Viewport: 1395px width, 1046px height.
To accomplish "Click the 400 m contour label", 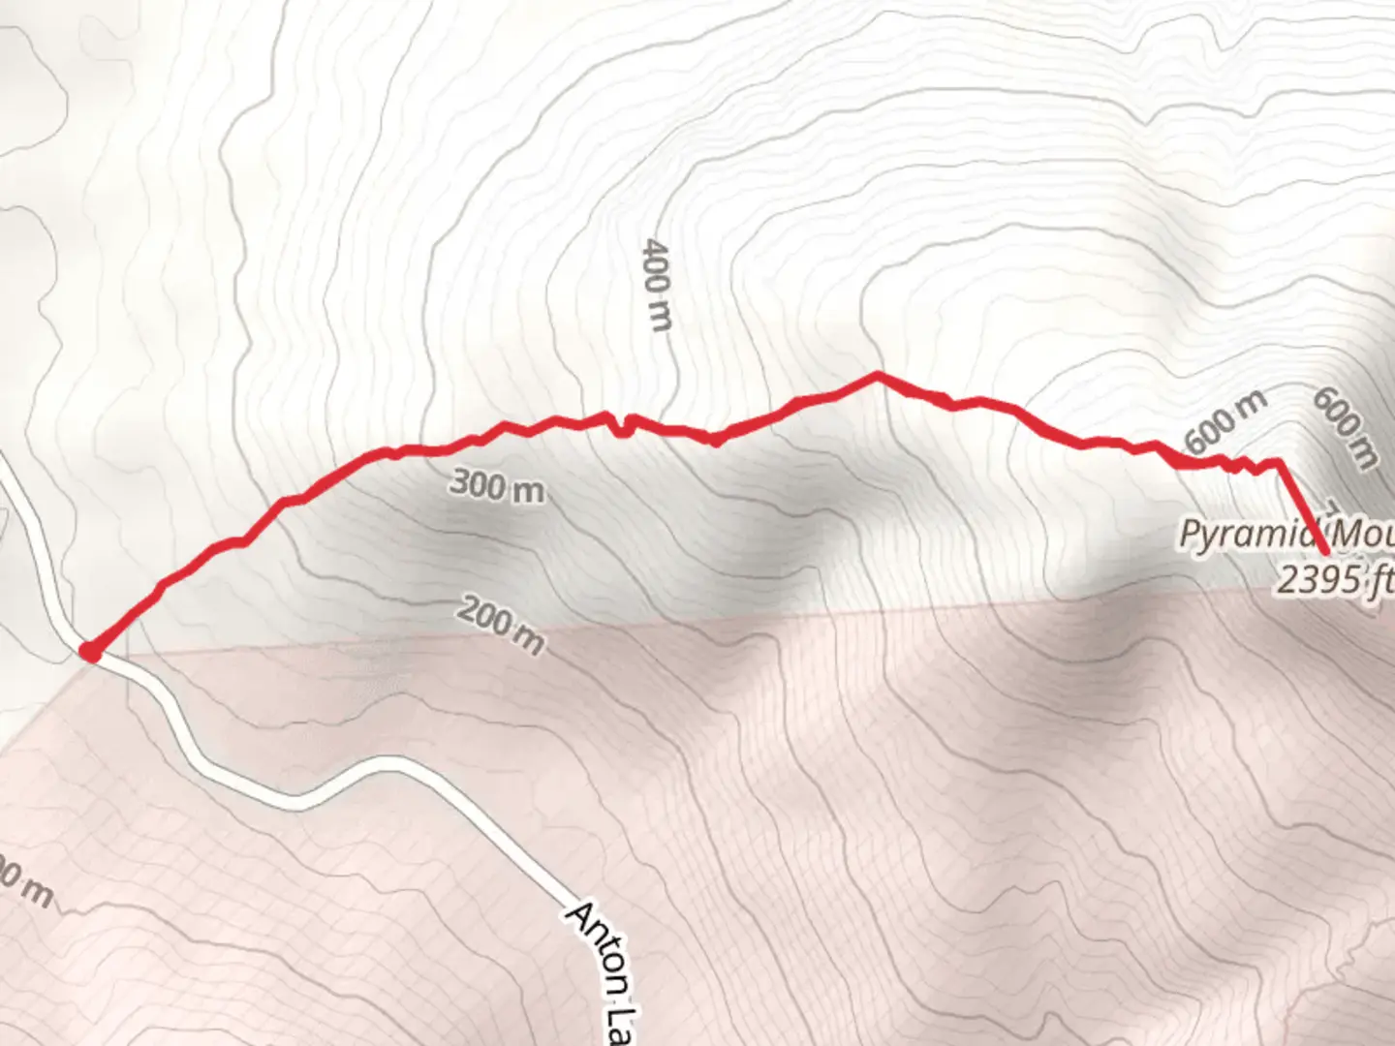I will [x=656, y=285].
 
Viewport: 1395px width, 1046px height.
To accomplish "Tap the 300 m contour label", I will [x=497, y=486].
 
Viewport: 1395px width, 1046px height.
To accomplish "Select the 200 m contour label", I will [x=500, y=624].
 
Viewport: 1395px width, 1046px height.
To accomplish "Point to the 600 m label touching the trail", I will [x=1224, y=423].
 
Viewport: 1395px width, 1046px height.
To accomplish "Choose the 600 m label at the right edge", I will [x=1345, y=427].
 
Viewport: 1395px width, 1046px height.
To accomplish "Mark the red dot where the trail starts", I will [x=90, y=652].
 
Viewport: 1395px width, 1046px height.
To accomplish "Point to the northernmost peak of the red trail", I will [x=877, y=374].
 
